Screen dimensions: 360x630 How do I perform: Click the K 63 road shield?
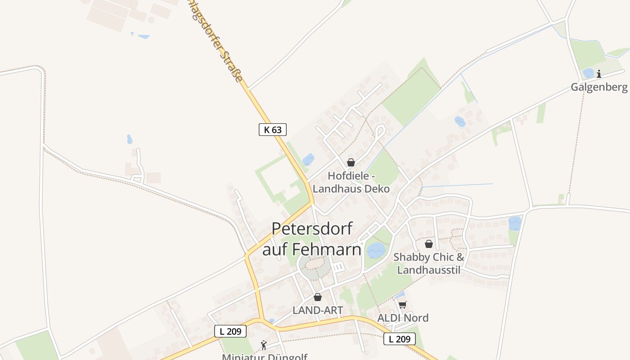coord(273,130)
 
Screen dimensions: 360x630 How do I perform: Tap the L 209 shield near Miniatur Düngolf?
coord(230,332)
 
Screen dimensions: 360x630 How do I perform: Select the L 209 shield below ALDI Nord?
coord(399,339)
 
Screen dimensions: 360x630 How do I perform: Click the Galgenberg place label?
coord(599,87)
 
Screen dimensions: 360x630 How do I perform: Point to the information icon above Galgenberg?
coord(599,74)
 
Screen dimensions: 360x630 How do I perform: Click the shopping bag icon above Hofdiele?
coord(351,162)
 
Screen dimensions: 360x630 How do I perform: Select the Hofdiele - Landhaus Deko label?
coord(351,182)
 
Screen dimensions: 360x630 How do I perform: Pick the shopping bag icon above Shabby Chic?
coord(429,244)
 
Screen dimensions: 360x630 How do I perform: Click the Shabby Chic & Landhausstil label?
coord(429,263)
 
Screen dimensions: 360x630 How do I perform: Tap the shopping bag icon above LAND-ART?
coord(318,297)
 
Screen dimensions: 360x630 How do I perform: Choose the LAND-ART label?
coord(318,310)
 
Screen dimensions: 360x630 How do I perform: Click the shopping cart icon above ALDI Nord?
coord(403,305)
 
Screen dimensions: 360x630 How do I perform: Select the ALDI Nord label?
coord(403,318)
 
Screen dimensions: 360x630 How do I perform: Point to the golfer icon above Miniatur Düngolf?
coord(264,345)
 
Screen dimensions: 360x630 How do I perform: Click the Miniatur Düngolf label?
coord(265,356)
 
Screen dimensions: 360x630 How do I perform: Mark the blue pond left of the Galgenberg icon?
coord(588,73)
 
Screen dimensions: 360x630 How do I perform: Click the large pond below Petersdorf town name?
coord(376,250)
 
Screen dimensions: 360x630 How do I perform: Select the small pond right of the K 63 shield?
coord(308,159)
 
